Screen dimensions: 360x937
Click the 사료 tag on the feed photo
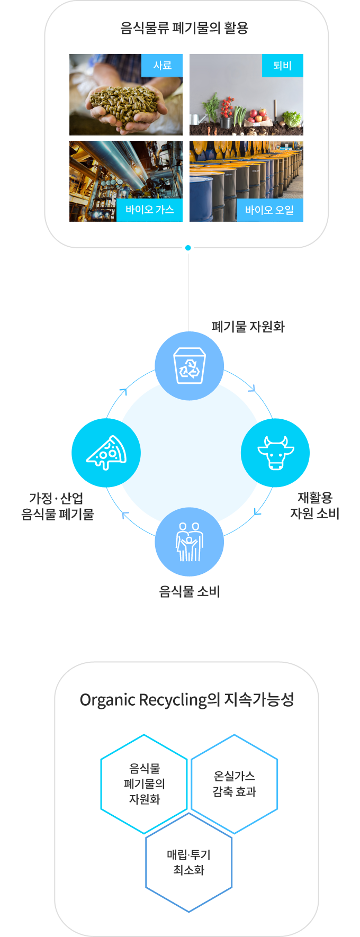162,66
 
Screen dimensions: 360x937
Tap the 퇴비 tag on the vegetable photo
283,66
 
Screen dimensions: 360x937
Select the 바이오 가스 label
150,210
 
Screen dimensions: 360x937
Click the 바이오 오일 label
269,210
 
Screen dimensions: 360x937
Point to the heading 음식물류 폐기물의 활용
184,28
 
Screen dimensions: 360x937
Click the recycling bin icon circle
189,366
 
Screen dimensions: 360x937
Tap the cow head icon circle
275,453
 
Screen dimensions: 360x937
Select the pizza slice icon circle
106,453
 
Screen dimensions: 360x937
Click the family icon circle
189,542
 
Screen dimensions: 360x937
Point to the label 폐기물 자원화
248,327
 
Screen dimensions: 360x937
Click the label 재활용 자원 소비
315,506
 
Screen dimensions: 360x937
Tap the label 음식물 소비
190,591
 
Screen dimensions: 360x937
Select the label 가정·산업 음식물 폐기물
57,506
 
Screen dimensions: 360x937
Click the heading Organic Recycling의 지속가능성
186,700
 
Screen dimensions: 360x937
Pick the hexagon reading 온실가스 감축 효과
234,784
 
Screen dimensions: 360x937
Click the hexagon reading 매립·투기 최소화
189,862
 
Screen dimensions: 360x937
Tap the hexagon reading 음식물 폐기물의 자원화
144,784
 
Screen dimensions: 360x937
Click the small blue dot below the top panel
188,248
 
